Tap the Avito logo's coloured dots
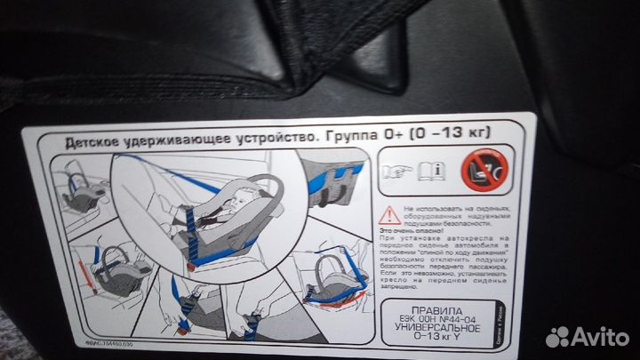click(x=558, y=336)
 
